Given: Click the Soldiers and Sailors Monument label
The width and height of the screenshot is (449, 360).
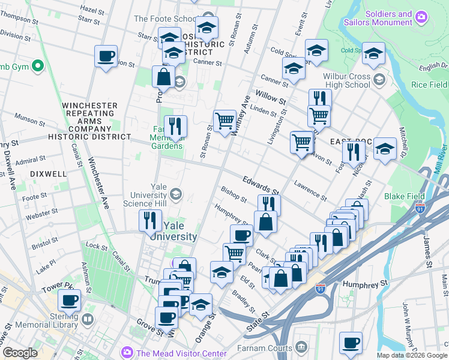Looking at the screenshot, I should coord(388,19).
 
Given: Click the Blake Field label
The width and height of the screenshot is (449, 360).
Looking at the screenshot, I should coord(405,196).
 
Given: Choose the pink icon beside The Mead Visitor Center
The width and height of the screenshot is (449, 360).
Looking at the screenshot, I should coord(127,352).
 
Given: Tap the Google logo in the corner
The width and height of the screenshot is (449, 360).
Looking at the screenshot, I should coord(20,353).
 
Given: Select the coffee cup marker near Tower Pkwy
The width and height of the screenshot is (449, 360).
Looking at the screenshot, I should coord(69,299).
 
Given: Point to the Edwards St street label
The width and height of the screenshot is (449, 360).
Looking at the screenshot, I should coord(261,180).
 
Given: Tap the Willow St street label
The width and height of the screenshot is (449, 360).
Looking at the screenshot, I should coord(270,95).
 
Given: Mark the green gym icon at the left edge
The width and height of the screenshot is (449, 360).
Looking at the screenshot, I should coord(38,65).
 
